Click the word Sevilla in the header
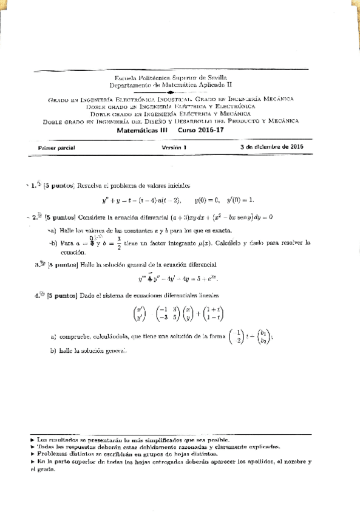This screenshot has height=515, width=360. point(217,78)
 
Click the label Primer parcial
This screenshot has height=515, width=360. point(56,148)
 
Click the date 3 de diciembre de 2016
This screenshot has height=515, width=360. point(271,147)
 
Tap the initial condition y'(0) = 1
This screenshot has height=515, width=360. point(240,200)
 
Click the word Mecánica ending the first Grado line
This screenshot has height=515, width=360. point(279,99)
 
